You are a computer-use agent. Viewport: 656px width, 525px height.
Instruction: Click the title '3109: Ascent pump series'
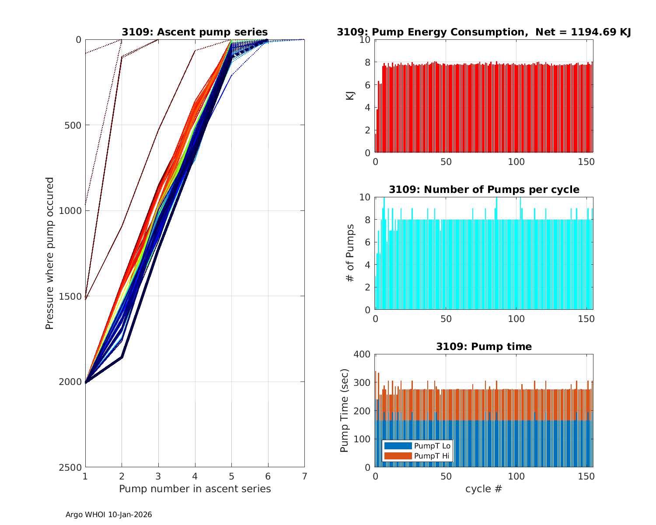(x=195, y=32)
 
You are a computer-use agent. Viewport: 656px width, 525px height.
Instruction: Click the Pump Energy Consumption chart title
(x=484, y=32)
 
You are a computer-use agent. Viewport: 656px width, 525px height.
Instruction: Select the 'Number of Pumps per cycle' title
(x=484, y=189)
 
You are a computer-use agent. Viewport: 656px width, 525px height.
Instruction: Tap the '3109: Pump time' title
(x=484, y=346)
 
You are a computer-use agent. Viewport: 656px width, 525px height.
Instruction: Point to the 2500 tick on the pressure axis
(x=73, y=467)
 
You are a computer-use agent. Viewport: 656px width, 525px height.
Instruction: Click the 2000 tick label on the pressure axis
(x=73, y=382)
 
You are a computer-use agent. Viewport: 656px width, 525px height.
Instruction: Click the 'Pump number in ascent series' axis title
(x=195, y=489)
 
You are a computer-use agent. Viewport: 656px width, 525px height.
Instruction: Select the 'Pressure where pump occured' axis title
(x=50, y=253)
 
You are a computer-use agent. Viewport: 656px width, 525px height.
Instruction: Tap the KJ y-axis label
(x=350, y=96)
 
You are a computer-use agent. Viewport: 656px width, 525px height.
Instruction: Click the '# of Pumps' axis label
(x=350, y=253)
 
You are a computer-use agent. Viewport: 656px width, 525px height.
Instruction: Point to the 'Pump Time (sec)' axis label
(x=345, y=411)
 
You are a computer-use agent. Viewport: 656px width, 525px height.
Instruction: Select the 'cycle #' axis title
(x=484, y=489)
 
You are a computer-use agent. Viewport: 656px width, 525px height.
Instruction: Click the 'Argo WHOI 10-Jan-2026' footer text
(x=108, y=514)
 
